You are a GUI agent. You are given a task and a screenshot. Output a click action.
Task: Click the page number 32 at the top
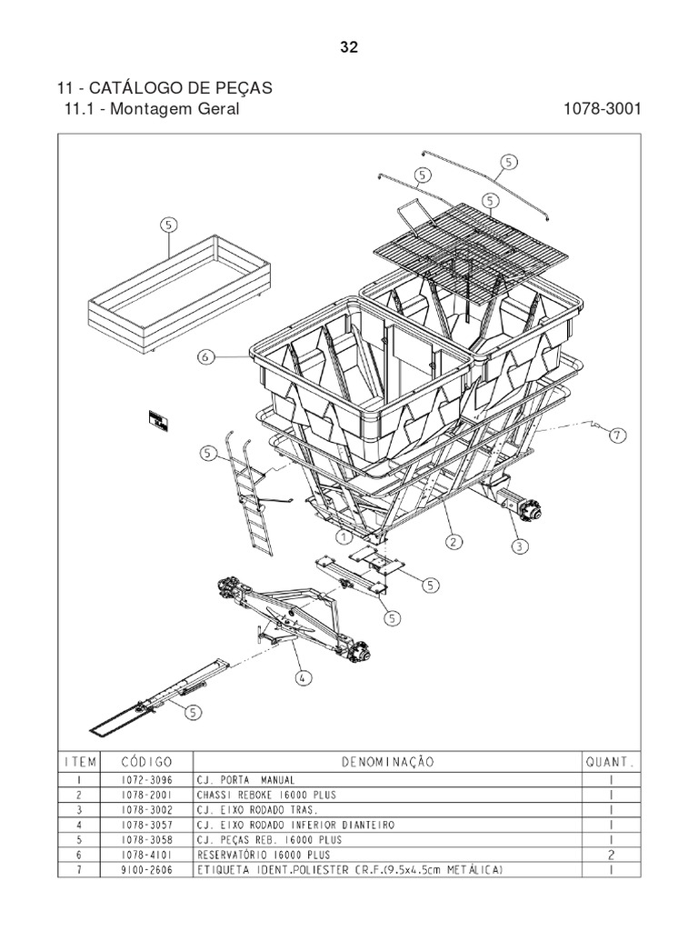[x=349, y=48]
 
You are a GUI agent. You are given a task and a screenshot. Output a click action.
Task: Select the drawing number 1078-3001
[x=602, y=109]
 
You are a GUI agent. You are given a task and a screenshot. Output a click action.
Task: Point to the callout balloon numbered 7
[x=616, y=435]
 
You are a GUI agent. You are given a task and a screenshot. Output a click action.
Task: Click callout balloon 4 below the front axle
[x=302, y=676]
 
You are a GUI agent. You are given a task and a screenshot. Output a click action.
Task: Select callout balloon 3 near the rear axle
[x=519, y=546]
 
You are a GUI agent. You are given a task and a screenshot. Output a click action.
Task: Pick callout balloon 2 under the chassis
[x=451, y=543]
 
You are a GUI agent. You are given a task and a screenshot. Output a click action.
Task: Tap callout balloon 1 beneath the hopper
[x=344, y=538]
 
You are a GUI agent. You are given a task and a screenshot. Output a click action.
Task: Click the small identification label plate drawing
[x=160, y=422]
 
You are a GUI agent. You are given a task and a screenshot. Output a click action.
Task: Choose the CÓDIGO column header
[x=147, y=760]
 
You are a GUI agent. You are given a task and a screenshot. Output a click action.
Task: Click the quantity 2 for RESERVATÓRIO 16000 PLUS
[x=611, y=856]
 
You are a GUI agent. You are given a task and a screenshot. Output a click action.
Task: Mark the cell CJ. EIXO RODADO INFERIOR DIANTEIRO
[x=296, y=825]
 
